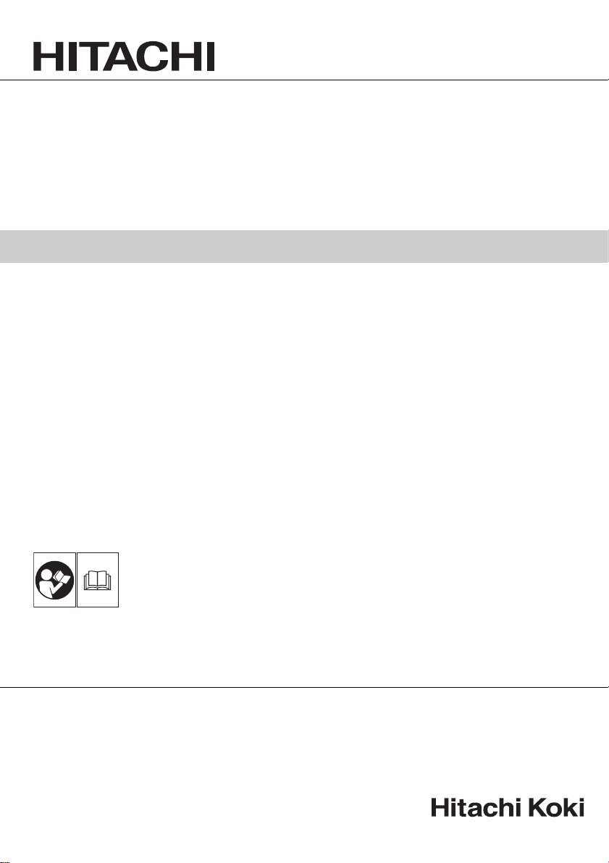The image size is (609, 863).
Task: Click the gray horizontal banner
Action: coord(304,246)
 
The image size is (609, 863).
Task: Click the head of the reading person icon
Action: coord(48,571)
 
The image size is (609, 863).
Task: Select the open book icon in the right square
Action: coord(97,581)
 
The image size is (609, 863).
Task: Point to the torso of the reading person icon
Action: coord(48,588)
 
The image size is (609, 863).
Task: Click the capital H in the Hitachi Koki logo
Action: coord(439,807)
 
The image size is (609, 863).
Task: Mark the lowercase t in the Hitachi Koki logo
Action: coord(461,808)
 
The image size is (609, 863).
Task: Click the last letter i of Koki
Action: coord(581,807)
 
